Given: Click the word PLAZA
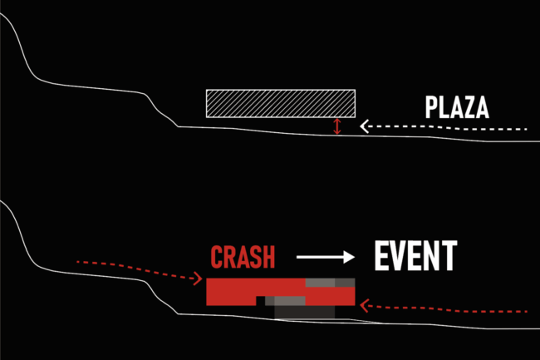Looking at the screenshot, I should [456, 109].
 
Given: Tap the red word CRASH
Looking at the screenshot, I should [243, 257].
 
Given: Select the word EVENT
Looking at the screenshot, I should [415, 256].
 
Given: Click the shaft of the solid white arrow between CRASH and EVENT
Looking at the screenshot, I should [320, 257].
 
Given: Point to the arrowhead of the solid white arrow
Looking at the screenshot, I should [347, 257].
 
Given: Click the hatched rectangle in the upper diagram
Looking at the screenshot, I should [281, 102].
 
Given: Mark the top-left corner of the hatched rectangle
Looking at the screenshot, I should [207, 90].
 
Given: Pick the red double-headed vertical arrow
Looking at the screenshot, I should [336, 126].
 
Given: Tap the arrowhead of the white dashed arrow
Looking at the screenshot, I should [364, 127].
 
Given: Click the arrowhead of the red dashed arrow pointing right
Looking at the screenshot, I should [200, 279].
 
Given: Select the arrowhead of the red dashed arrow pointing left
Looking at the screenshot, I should [365, 307].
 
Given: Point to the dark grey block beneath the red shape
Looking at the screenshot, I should [303, 313].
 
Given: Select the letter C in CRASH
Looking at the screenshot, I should [218, 257].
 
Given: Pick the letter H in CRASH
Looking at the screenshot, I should [268, 257].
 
